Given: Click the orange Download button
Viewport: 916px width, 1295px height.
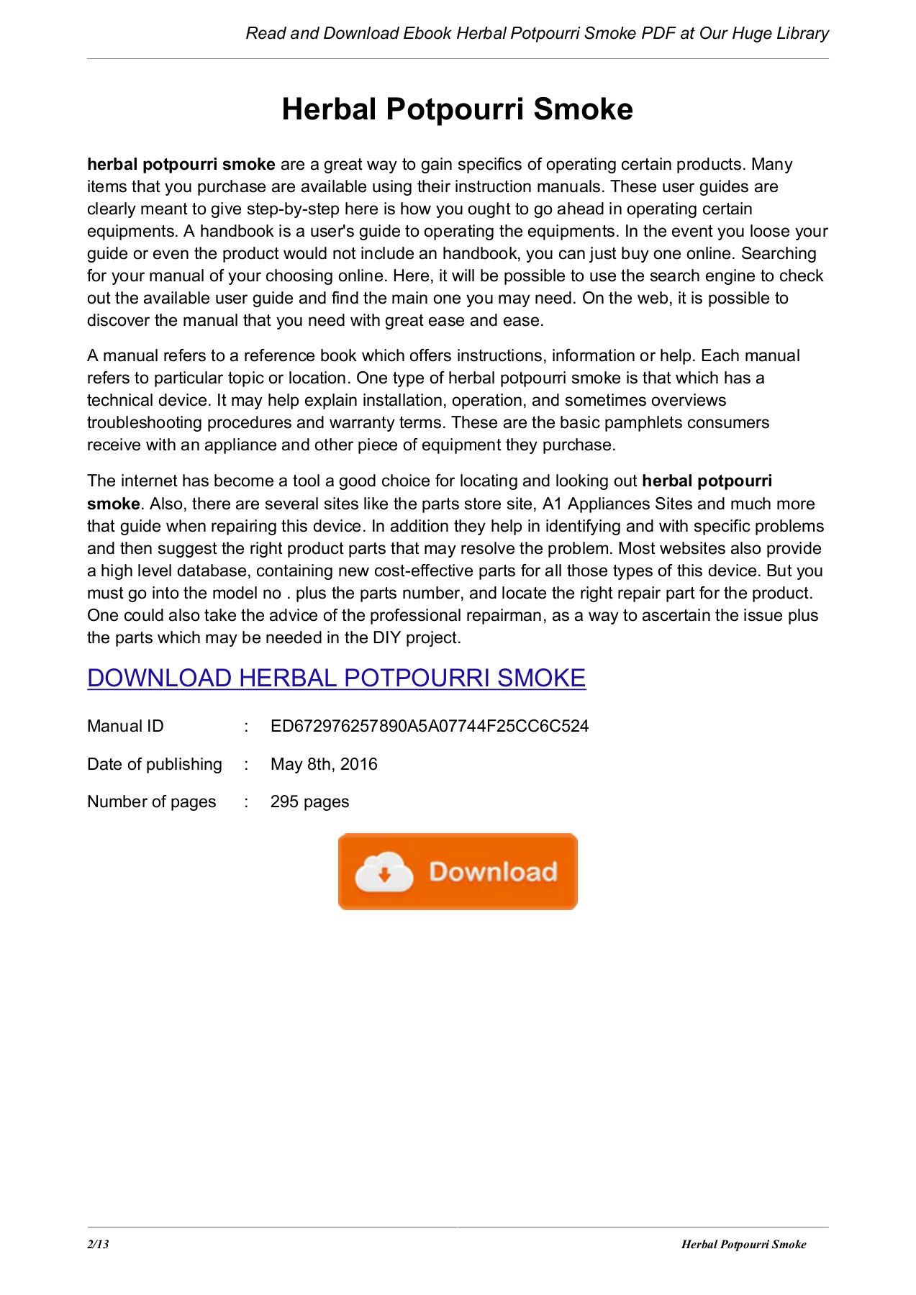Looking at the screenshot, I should [458, 871].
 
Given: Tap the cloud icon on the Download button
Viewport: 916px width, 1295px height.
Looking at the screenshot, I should [384, 872].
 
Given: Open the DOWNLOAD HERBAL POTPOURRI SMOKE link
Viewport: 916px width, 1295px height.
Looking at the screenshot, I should [336, 678].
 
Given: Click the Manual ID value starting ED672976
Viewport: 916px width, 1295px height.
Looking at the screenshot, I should [430, 726].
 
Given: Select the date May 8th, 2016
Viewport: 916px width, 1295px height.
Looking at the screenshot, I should [324, 764].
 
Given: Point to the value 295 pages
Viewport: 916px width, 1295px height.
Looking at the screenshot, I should [309, 801].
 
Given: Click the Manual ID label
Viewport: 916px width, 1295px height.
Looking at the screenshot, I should [125, 726].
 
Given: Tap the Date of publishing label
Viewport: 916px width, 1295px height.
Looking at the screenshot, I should [154, 764].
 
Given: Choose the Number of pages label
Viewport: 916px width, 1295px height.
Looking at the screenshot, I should [151, 801].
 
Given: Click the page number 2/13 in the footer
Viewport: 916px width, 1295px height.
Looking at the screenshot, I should [98, 1244].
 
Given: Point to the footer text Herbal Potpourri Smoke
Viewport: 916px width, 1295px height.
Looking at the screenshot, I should [743, 1244].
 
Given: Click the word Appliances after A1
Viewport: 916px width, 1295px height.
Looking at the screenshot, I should [608, 504].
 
